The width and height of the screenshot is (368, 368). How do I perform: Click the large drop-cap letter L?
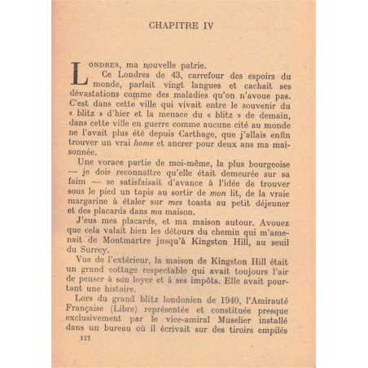click(x=80, y=74)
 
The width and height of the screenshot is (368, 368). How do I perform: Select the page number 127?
click(x=79, y=339)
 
